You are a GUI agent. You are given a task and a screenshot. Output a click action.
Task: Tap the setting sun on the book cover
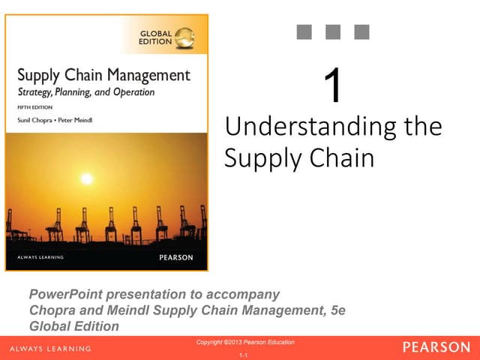[86, 179]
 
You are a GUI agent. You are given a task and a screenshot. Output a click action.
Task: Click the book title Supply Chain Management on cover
[103, 76]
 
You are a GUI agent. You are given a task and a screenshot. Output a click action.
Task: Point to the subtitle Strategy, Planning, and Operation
[85, 92]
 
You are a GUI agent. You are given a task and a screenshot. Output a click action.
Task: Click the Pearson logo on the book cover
[175, 257]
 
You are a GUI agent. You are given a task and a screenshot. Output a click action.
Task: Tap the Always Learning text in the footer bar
[50, 349]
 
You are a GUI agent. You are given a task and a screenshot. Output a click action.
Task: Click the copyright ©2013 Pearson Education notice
[245, 342]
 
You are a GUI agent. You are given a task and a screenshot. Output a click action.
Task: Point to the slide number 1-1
[243, 354]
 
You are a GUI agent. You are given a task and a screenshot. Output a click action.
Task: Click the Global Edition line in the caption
[73, 326]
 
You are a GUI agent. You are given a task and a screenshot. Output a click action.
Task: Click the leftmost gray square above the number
[305, 31]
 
